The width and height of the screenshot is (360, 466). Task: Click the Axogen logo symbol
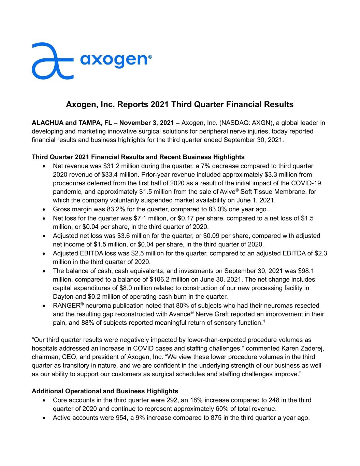pos(52,61)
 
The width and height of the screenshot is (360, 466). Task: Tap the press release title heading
pos(179,104)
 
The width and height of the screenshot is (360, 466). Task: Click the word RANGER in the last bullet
pos(66,306)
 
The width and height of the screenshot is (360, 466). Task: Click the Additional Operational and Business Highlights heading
pos(105,391)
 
